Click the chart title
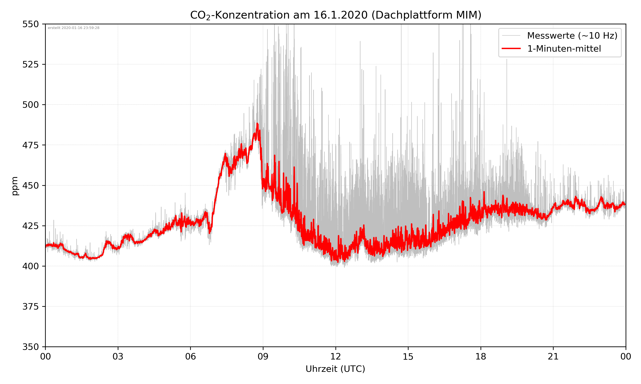point(335,15)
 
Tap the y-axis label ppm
point(15,186)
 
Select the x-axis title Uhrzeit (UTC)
point(335,369)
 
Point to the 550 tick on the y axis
point(30,24)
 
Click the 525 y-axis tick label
point(30,64)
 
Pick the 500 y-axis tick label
point(30,105)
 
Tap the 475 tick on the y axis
point(30,145)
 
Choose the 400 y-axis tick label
point(30,266)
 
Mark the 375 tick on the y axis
point(30,307)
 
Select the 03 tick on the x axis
point(118,356)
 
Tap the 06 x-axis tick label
point(190,356)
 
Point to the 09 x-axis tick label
point(263,356)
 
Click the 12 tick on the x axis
point(335,356)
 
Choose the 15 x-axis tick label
point(408,356)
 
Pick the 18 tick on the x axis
point(481,356)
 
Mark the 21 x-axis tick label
point(553,356)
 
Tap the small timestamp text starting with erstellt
point(74,28)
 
